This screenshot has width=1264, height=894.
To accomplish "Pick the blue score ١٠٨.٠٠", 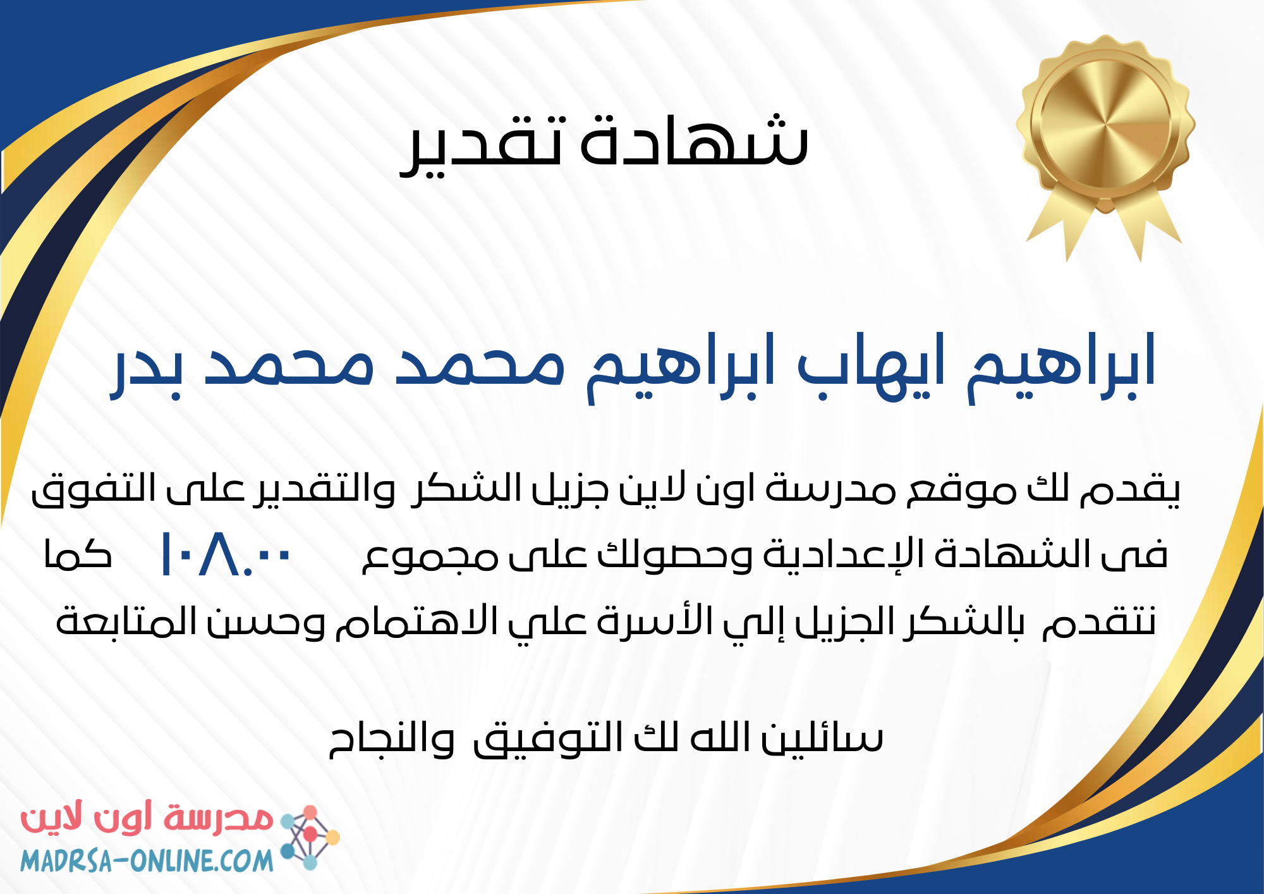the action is (x=225, y=554).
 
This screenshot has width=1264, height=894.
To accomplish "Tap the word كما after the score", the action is (x=77, y=554).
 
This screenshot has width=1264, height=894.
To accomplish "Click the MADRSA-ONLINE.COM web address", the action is (x=147, y=860).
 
